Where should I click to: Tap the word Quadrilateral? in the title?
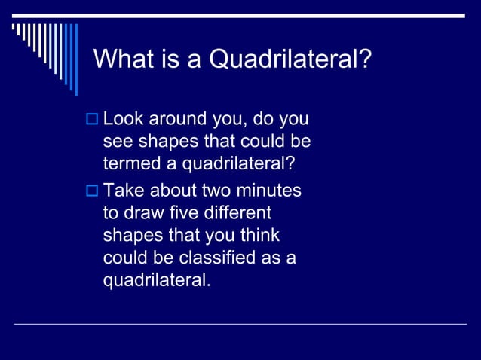click(x=290, y=59)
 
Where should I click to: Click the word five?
click(x=183, y=214)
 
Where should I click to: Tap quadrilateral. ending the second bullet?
click(x=157, y=282)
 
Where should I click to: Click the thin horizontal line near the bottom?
click(x=240, y=325)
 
